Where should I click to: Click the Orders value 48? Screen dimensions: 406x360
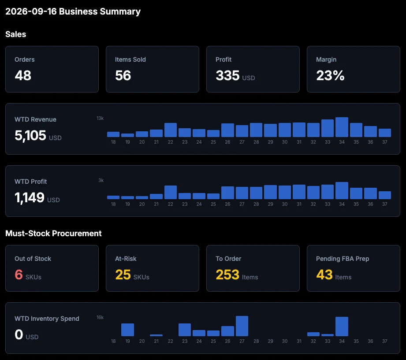(x=23, y=76)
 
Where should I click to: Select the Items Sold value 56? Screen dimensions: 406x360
(x=123, y=76)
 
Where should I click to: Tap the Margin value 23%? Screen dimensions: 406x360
(x=330, y=76)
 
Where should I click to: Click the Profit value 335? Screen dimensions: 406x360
(x=227, y=76)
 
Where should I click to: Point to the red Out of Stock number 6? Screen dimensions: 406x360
(x=19, y=275)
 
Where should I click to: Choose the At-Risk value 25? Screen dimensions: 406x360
(x=123, y=275)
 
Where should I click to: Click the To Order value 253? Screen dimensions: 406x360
(x=227, y=275)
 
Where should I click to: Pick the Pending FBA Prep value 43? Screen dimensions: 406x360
(x=324, y=275)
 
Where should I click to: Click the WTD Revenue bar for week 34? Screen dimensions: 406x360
(x=342, y=127)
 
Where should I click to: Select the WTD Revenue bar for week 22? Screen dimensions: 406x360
(x=171, y=130)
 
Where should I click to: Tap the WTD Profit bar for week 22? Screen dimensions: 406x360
(x=171, y=192)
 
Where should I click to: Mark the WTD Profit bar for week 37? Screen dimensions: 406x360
(x=385, y=195)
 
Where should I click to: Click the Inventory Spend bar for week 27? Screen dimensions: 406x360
(x=242, y=326)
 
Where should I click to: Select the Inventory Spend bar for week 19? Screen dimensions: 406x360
(x=128, y=330)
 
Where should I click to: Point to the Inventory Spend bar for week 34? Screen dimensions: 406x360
(x=342, y=327)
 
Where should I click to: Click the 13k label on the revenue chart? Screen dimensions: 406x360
(x=100, y=118)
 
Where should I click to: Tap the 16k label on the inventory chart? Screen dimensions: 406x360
(x=100, y=317)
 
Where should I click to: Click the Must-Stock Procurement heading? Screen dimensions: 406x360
(x=53, y=234)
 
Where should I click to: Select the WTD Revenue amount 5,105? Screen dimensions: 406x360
(x=30, y=135)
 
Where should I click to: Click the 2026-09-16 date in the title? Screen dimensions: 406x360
(x=31, y=11)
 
